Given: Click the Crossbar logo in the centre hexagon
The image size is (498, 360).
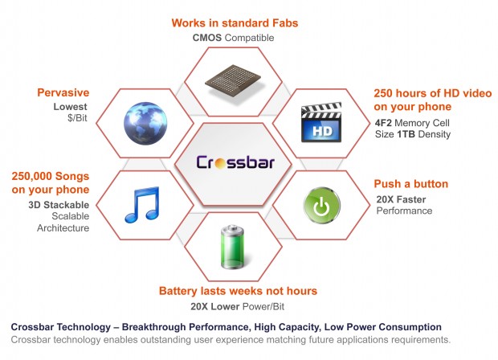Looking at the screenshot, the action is [x=235, y=162].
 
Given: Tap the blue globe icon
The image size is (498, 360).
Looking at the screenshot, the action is [x=145, y=123].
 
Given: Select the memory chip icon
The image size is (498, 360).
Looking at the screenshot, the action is [x=233, y=80].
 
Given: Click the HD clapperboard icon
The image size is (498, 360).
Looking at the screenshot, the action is [x=321, y=122].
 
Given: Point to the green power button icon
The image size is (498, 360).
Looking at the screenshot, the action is [x=322, y=205].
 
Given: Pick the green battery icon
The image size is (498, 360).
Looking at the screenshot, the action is [x=232, y=247].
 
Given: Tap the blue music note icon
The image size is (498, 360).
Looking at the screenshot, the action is [x=142, y=205].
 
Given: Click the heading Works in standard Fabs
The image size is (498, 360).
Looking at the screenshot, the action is [x=235, y=22].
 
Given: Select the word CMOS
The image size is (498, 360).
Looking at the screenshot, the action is [x=207, y=38].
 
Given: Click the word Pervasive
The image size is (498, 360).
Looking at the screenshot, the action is [x=63, y=92].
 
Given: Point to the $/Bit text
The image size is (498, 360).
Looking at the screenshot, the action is [x=77, y=118].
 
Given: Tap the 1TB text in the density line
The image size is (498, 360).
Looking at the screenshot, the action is [x=406, y=134].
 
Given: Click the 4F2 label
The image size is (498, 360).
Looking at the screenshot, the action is [x=383, y=123].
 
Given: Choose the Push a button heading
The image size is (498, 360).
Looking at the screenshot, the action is [x=411, y=184].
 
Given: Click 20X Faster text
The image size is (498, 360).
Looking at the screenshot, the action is [x=401, y=199].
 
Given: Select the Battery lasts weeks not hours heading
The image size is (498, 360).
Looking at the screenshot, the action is [x=239, y=291].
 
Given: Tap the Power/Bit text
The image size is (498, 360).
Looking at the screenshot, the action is [x=263, y=307].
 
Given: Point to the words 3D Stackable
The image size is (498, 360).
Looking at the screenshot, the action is [x=59, y=205].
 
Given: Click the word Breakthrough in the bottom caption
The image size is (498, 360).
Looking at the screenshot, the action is [x=153, y=327].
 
